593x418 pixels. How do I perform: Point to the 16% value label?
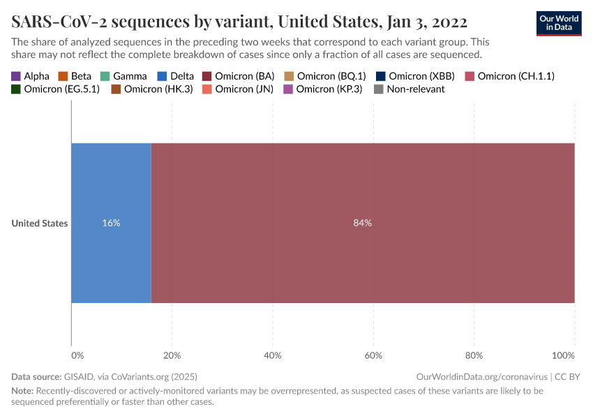[x=111, y=223]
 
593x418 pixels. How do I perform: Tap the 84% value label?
[x=363, y=223]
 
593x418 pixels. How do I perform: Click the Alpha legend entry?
[x=30, y=76]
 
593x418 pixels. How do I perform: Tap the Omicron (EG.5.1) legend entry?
[x=55, y=89]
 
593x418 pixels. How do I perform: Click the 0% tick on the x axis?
[x=77, y=356]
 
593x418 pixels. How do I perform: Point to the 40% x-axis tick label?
[x=273, y=356]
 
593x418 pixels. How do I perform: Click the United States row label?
[x=40, y=224]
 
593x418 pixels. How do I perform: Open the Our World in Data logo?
[x=558, y=23]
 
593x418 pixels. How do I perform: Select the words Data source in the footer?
[x=36, y=376]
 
